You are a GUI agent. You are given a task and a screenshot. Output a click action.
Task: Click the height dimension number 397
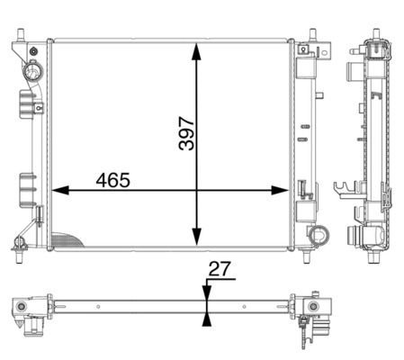pos(186,132)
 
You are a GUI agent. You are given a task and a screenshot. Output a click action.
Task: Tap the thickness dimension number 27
pos(220,268)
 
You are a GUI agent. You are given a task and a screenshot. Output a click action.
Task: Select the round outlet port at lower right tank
pos(317,236)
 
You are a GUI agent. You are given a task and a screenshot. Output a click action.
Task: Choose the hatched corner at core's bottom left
pos(65,240)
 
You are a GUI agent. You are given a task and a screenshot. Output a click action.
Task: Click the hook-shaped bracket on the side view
pos(342,190)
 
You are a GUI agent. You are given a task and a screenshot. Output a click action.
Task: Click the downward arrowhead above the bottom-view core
pos(207,294)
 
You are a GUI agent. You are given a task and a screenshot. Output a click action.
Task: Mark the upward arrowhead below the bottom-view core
pos(207,318)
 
